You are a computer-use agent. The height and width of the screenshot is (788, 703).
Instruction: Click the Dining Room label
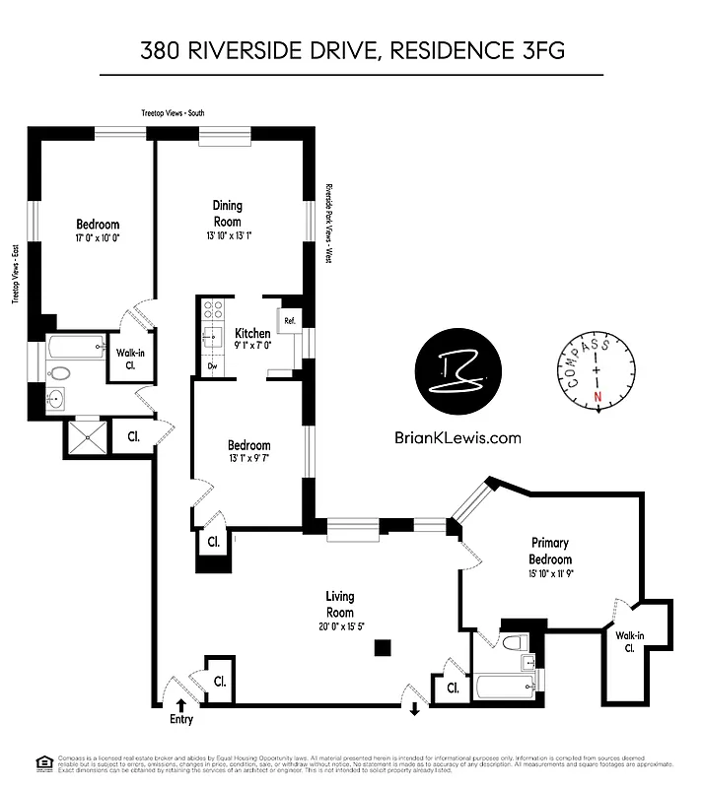(x=228, y=214)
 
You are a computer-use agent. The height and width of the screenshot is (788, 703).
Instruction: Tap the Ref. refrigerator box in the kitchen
(x=290, y=321)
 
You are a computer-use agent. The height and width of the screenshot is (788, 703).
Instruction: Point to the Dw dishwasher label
(x=212, y=366)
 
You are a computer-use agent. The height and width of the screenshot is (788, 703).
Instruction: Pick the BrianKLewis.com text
(x=457, y=438)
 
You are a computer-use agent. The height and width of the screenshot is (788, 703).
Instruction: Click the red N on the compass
(x=597, y=397)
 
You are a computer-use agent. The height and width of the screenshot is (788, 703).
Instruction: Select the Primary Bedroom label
(x=550, y=550)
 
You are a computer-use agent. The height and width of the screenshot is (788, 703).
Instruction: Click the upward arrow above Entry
(x=181, y=704)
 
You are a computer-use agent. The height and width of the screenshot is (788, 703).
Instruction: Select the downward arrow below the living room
(x=414, y=707)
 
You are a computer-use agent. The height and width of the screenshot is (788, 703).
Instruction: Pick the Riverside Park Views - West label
(x=329, y=224)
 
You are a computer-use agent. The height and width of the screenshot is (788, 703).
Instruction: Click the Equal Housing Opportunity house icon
(x=43, y=760)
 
